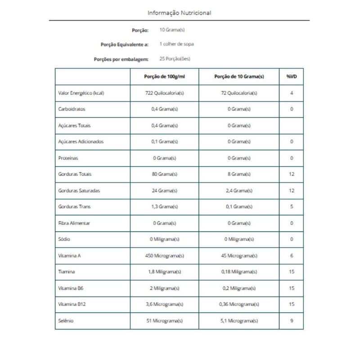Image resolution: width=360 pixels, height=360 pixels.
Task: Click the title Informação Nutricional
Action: click(179, 13)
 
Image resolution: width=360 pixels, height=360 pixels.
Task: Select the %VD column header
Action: click(292, 76)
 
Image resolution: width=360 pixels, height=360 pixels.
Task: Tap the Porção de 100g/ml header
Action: click(164, 76)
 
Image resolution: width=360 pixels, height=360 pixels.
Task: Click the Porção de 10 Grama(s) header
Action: click(238, 76)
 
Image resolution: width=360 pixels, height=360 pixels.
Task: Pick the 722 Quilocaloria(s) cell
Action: click(164, 93)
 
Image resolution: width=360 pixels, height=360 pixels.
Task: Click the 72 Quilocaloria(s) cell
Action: click(238, 93)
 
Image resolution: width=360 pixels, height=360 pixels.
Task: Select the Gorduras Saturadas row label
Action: click(79, 190)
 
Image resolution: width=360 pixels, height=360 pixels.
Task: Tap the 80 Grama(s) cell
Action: click(164, 174)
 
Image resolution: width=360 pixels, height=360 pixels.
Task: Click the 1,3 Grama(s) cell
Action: click(164, 207)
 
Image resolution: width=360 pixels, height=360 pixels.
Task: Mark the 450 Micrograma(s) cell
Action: click(164, 256)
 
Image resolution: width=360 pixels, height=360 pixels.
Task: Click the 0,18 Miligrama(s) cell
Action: click(238, 272)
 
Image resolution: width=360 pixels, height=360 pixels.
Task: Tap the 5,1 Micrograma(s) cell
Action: click(238, 320)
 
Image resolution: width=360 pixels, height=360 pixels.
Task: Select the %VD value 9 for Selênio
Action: click(292, 320)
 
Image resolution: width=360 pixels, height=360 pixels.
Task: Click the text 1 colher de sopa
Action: click(177, 44)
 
